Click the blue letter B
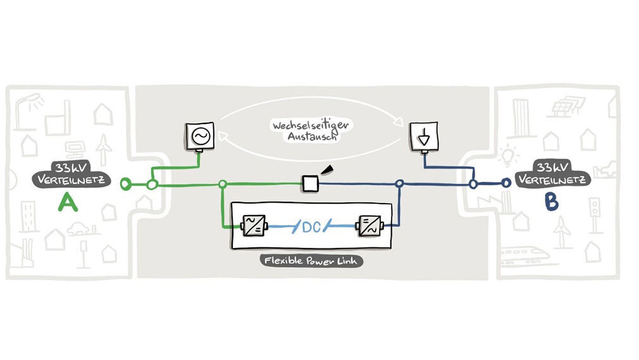(551, 202)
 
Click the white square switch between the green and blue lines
(310, 183)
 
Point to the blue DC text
(311, 226)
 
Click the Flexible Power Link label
(311, 261)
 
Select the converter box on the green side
(254, 225)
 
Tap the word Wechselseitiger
(311, 125)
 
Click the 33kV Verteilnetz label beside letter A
(79, 175)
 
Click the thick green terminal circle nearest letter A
(126, 184)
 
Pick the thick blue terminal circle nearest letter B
(506, 183)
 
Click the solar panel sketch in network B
(564, 104)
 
